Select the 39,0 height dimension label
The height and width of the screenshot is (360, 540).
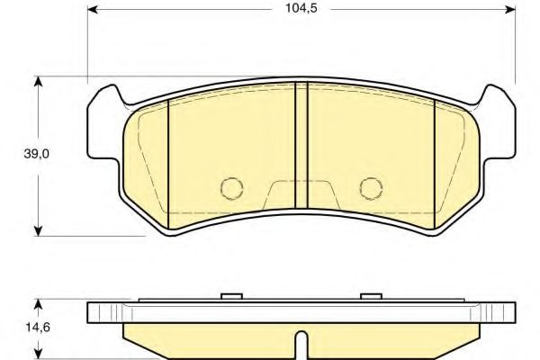coord(37,155)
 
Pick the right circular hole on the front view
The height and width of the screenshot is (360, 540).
coord(370,186)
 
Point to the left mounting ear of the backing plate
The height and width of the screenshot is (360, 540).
coord(103,117)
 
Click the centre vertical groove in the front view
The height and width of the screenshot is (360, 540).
coord(301,153)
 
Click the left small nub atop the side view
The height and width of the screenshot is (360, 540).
coord(232,296)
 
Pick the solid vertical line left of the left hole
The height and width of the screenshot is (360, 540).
coord(169,162)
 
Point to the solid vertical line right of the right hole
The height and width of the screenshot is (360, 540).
coord(435,162)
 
